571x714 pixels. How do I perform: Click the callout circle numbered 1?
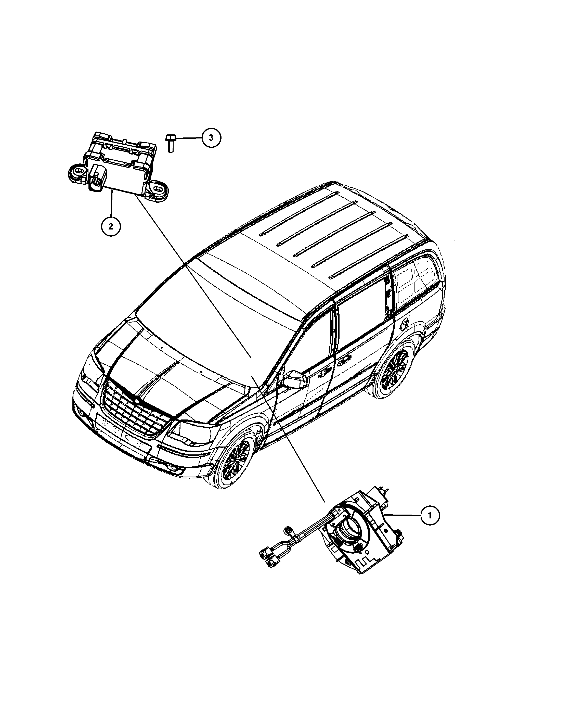point(430,525)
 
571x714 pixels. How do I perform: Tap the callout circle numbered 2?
point(111,226)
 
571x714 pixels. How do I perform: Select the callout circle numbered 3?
point(211,137)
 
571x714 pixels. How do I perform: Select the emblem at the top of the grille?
point(135,400)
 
